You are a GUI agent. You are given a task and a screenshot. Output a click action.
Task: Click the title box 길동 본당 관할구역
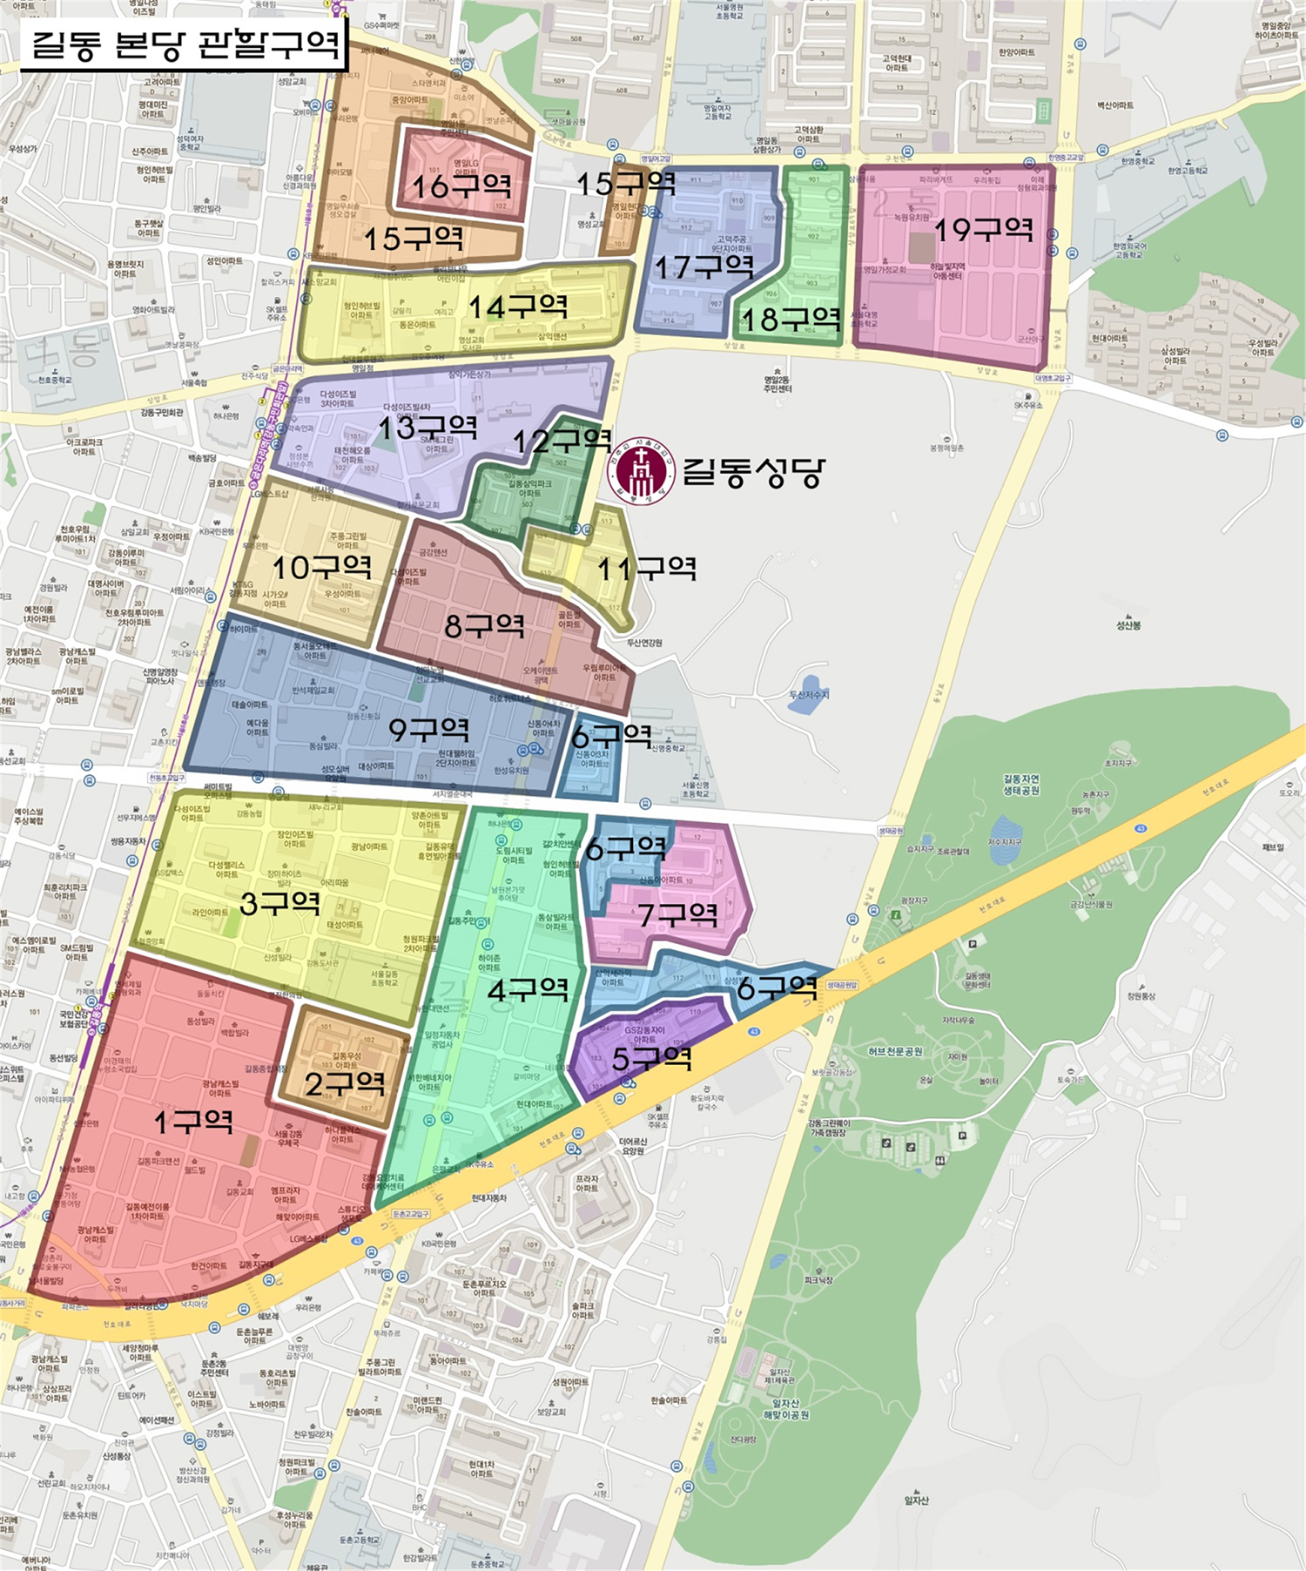[184, 44]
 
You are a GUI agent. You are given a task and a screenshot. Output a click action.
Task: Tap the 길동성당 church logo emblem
[642, 471]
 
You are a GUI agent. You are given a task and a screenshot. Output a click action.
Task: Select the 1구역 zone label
[193, 1122]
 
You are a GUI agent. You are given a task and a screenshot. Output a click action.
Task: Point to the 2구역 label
[345, 1083]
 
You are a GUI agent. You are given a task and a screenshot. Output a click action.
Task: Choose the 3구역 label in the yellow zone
[279, 903]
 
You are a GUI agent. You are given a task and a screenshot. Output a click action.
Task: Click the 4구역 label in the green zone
[528, 990]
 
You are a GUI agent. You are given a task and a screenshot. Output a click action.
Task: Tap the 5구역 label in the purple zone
[652, 1059]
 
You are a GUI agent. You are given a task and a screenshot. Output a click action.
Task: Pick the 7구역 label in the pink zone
[678, 914]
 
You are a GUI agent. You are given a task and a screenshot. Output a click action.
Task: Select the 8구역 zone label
[484, 625]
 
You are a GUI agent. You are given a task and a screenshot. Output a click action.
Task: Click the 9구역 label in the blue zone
[428, 730]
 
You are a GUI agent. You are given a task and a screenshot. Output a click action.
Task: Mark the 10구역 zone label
[322, 568]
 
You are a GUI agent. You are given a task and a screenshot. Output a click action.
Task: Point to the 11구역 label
[646, 570]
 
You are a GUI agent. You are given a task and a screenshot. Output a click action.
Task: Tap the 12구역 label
[562, 441]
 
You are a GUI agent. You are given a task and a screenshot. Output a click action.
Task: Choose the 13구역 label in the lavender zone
[427, 428]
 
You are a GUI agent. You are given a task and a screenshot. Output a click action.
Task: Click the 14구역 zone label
[518, 307]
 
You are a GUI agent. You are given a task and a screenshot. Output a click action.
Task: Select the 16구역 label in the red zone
[461, 185]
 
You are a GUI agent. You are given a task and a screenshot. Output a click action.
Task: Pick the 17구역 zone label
[703, 266]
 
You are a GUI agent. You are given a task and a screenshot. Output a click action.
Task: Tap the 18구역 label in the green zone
[791, 320]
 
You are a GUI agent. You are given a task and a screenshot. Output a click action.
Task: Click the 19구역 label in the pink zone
[984, 230]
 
